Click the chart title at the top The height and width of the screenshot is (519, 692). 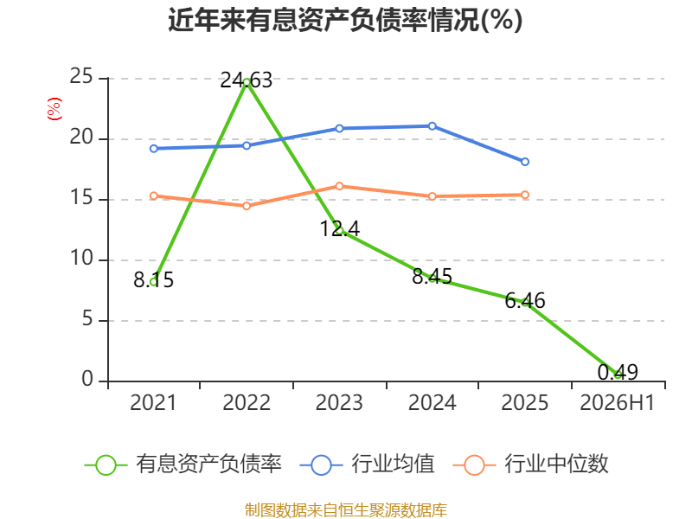(345, 20)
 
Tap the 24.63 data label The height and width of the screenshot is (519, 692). (247, 80)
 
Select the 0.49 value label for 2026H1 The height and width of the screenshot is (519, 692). (618, 372)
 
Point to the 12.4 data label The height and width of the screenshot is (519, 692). (339, 228)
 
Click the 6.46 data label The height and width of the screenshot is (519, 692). (525, 300)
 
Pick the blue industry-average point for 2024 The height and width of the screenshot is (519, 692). (432, 126)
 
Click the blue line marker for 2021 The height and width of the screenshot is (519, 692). (154, 149)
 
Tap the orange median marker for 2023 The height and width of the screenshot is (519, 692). (339, 186)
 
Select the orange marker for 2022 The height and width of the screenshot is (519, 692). (247, 206)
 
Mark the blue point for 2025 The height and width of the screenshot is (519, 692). (525, 162)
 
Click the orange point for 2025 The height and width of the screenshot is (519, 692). (525, 195)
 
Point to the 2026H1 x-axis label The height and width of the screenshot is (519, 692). (617, 403)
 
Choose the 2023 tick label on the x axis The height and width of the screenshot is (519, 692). (339, 403)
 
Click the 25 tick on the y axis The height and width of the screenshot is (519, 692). (81, 76)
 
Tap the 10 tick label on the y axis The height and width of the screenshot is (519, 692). (81, 258)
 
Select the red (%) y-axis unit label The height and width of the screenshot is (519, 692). (54, 109)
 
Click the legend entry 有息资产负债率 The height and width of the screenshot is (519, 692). (183, 465)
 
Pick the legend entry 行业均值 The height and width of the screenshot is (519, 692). (367, 465)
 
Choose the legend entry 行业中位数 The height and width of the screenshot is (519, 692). (531, 465)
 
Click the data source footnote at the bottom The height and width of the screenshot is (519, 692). (346, 509)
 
